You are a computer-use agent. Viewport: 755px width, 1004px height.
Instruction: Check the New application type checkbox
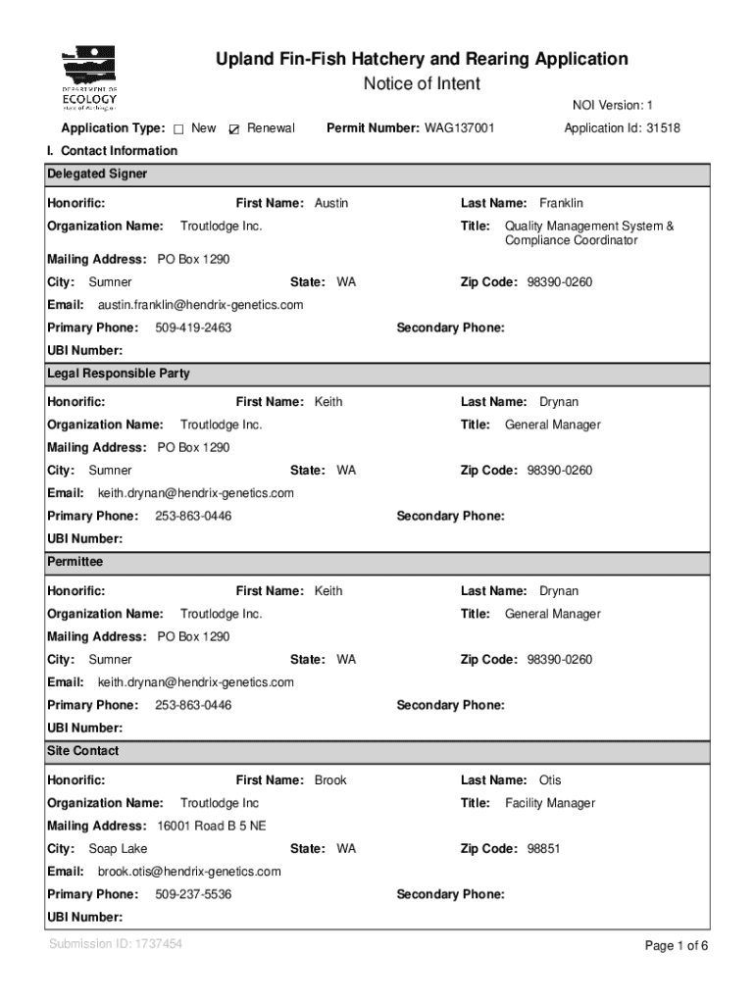[x=179, y=128]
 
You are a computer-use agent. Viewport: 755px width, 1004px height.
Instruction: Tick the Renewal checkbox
[x=234, y=128]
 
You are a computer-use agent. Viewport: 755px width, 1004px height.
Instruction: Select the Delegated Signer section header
[x=97, y=175]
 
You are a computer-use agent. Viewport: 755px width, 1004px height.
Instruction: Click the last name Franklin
[x=561, y=203]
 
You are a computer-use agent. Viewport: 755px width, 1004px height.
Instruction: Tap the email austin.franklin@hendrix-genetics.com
[x=200, y=305]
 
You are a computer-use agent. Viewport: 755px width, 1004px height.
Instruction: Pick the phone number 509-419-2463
[x=193, y=327]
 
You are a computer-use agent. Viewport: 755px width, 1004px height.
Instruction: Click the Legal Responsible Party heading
[x=119, y=374]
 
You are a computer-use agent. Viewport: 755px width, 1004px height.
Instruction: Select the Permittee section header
[x=75, y=563]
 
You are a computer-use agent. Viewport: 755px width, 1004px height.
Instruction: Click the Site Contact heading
[x=83, y=751]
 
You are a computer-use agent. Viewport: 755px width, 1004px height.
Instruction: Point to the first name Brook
[x=330, y=780]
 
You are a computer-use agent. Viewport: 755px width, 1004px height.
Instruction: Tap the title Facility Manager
[x=549, y=803]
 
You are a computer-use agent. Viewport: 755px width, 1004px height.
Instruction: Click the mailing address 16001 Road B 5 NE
[x=211, y=826]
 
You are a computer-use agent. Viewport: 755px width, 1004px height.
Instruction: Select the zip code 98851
[x=543, y=849]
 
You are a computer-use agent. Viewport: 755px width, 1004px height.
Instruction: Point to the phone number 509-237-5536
[x=193, y=894]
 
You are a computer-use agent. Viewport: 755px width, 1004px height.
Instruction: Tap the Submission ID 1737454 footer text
[x=116, y=944]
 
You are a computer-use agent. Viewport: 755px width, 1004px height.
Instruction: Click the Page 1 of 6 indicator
[x=676, y=946]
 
